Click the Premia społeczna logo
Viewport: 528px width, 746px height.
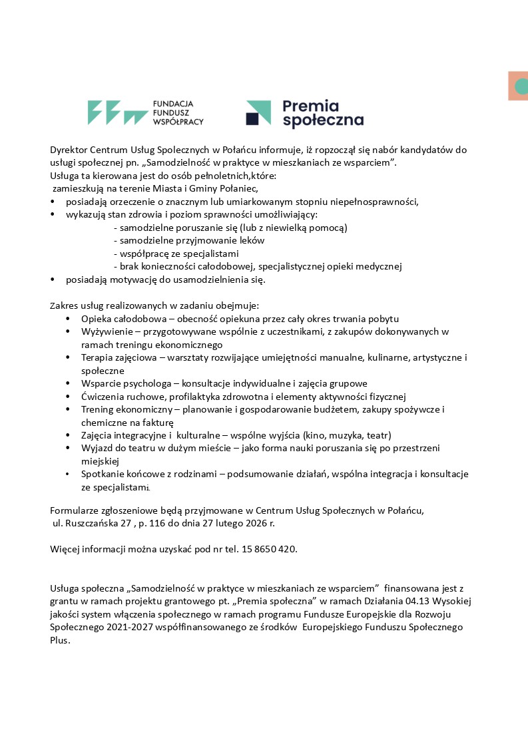point(304,113)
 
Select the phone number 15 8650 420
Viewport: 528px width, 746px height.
point(268,549)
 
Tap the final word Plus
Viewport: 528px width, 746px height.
point(60,640)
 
